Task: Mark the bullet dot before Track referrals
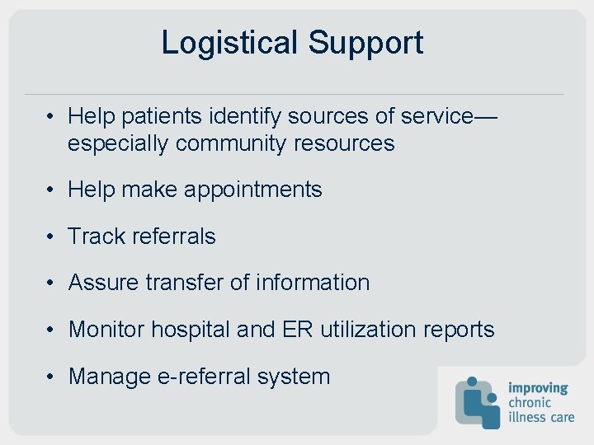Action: (51, 237)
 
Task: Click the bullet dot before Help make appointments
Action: (51, 190)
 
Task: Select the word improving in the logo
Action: (538, 388)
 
